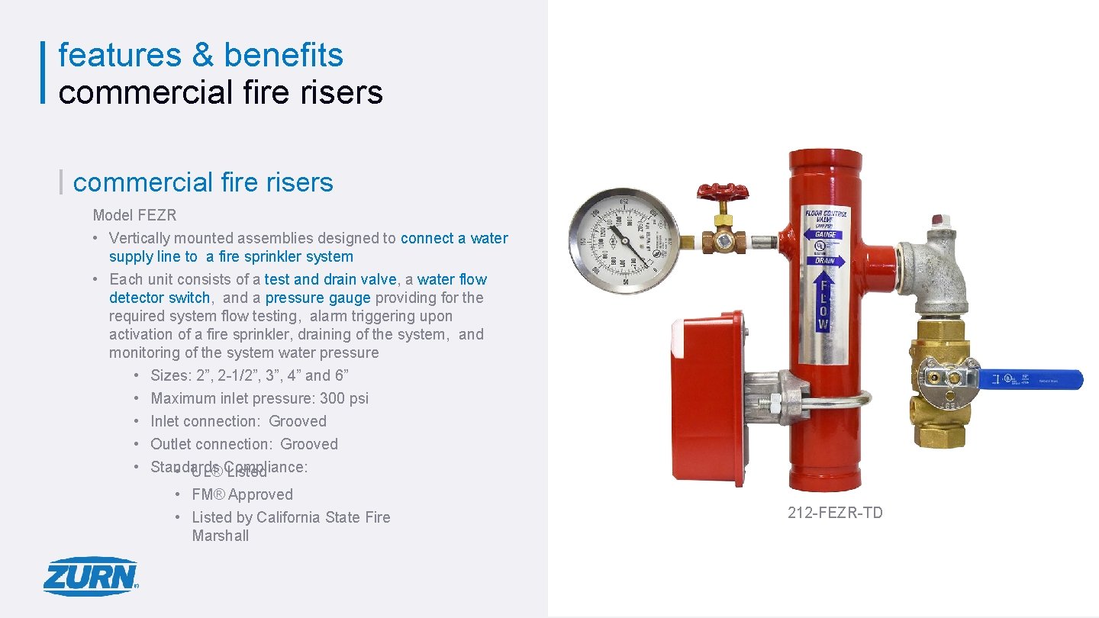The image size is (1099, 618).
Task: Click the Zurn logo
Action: tap(91, 576)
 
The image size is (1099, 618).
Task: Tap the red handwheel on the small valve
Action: tap(722, 192)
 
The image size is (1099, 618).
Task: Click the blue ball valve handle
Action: tap(1030, 379)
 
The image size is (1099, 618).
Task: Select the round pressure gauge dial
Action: tap(624, 236)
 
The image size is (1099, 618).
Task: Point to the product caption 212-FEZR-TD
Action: tap(835, 513)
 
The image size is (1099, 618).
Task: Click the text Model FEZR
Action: tap(134, 215)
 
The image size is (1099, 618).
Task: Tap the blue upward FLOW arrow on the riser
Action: tap(823, 302)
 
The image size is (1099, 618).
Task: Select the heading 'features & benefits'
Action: tap(201, 55)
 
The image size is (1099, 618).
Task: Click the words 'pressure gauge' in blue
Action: tap(317, 298)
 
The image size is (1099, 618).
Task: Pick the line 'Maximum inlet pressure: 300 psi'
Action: tap(259, 398)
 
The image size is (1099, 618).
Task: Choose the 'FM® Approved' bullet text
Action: tap(242, 494)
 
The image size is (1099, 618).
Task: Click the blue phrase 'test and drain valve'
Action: tap(330, 279)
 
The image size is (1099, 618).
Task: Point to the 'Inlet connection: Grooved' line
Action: tap(238, 421)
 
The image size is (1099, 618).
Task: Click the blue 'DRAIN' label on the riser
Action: tap(824, 260)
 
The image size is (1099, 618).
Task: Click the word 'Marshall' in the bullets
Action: tap(221, 536)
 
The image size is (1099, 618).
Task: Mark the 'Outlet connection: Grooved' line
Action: tap(243, 444)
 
